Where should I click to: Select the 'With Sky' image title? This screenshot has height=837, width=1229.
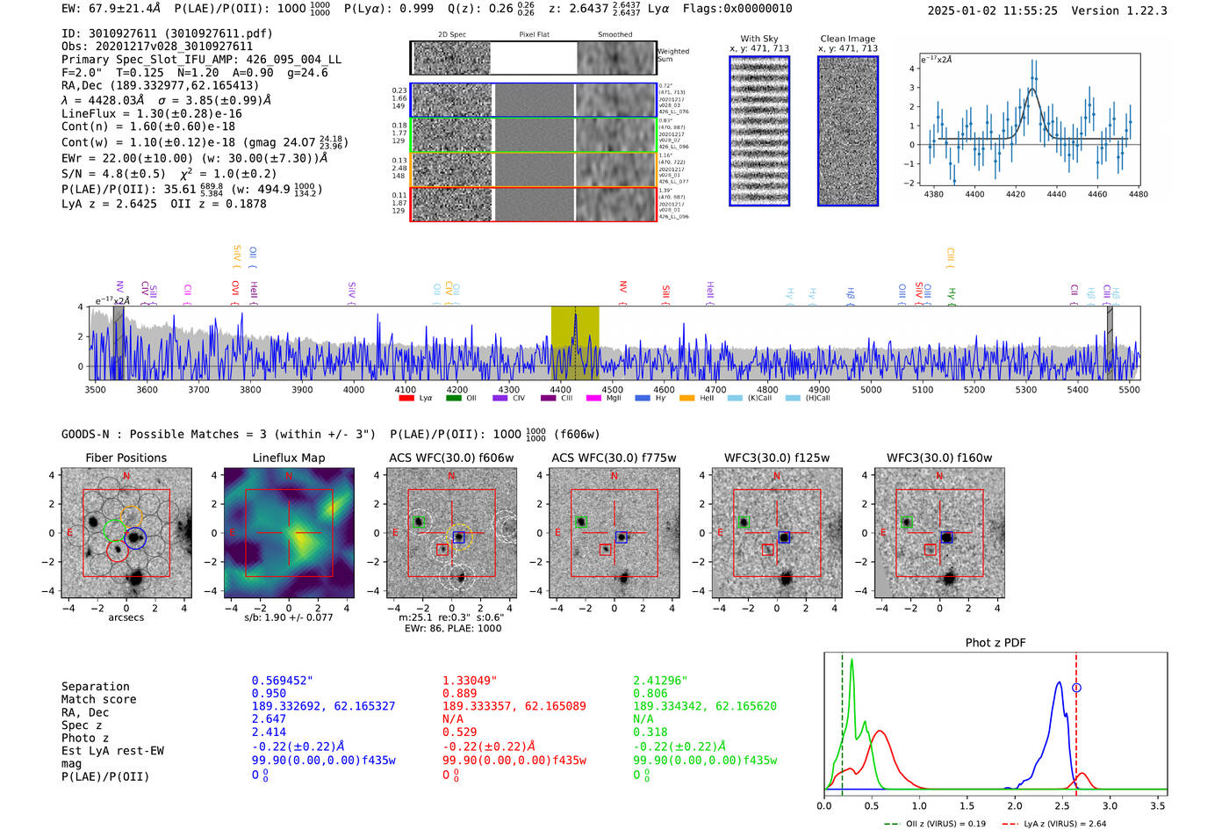[759, 39]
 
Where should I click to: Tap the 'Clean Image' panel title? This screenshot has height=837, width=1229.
[847, 39]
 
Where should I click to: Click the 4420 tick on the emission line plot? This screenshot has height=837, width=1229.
[1016, 194]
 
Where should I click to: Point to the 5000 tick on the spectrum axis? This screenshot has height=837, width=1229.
[871, 389]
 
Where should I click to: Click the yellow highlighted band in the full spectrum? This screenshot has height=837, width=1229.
[575, 343]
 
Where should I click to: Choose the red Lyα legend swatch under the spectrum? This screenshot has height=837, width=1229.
[406, 398]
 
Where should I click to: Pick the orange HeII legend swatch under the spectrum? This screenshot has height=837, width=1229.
[686, 398]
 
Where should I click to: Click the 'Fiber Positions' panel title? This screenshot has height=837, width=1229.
[126, 458]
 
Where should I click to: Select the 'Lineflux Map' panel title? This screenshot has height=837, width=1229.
[289, 458]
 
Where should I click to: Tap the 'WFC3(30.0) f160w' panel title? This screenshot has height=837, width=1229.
[939, 458]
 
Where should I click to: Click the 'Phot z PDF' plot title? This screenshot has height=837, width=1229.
[995, 643]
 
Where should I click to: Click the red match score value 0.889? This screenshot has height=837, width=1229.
[459, 694]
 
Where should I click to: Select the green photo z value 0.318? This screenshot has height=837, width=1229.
[650, 732]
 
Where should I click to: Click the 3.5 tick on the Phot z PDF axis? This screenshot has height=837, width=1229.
[1158, 805]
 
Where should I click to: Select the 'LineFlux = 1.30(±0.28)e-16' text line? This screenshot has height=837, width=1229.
[152, 113]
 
